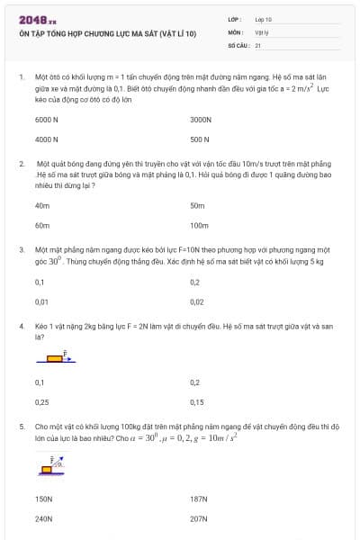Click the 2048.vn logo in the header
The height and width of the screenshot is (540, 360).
coord(38,19)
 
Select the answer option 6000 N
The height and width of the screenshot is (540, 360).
coord(47,119)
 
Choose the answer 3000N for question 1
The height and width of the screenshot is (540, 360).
coord(201,119)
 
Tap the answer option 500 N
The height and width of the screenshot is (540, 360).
coord(200,139)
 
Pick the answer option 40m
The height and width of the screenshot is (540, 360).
coord(42,205)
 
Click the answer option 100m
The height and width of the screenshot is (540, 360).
coord(199,225)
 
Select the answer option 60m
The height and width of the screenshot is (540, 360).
coord(42,225)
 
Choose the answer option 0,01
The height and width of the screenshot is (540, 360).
coord(41,301)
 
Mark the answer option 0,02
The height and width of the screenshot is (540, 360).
coord(197,301)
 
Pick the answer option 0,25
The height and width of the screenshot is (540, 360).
coord(41,402)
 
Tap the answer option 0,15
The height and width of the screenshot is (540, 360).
coord(197,402)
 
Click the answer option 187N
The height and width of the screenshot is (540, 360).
coord(199,498)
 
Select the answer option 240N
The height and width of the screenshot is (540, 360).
coord(44,518)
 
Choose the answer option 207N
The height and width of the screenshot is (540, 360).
coord(199,518)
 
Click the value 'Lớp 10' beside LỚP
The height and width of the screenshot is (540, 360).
coord(263,19)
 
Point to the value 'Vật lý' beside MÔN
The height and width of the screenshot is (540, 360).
coord(262,31)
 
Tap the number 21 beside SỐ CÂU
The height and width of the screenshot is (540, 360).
coord(257,44)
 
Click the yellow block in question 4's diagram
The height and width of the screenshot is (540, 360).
coord(54,358)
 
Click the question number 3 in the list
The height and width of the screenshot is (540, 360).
coord(22,247)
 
